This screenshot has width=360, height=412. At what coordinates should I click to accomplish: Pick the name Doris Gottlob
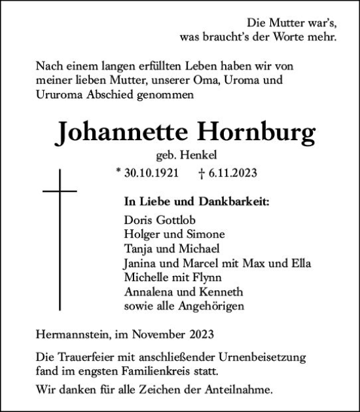[x=158, y=221]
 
